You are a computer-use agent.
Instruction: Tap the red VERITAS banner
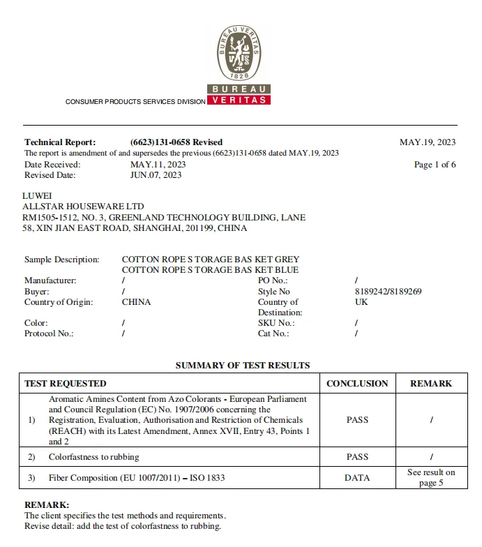[239, 100]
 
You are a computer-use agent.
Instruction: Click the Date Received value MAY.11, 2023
[158, 165]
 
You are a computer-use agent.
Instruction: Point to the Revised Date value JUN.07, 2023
[156, 175]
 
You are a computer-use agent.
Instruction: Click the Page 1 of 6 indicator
[435, 165]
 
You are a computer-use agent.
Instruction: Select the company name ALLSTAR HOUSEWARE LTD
[83, 207]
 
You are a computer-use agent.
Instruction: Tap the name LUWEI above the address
[37, 196]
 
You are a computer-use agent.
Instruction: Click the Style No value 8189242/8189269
[388, 292]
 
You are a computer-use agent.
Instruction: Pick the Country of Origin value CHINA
[136, 302]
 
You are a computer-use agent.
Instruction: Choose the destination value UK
[361, 302]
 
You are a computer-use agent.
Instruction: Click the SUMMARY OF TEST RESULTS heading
[242, 365]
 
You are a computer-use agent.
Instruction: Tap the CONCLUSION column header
[357, 383]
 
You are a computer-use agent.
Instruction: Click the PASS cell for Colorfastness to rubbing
[357, 457]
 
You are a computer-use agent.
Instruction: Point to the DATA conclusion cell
[357, 477]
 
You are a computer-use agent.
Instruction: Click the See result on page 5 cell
[431, 477]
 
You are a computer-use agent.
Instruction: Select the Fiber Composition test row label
[137, 478]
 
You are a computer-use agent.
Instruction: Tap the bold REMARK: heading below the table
[47, 504]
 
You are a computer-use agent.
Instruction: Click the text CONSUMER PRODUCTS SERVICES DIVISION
[135, 102]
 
